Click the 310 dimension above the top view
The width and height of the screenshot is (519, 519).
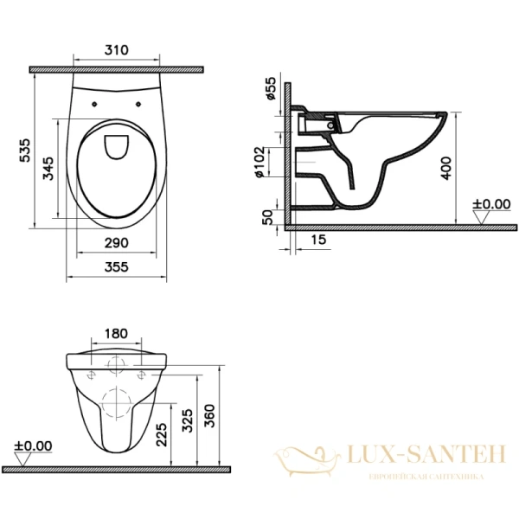pos(116,51)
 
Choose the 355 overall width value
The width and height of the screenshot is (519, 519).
pos(116,267)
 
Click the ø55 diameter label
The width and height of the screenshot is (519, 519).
pos(271,89)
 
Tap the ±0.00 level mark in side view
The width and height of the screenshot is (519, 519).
pos(491,205)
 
